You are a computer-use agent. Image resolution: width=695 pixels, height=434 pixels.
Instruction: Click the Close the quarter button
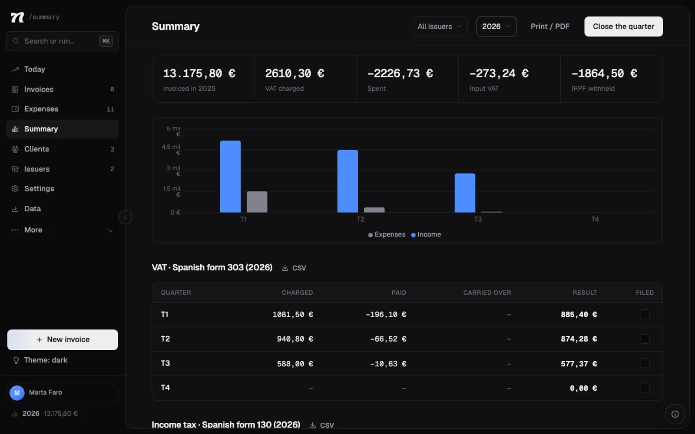624,26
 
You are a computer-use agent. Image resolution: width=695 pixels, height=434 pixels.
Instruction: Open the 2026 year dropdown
496,26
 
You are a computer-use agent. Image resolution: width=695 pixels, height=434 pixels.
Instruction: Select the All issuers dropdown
439,26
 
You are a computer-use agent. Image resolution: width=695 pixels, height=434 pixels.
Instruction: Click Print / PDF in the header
550,26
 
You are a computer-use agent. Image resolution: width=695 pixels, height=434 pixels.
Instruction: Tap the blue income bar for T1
230,176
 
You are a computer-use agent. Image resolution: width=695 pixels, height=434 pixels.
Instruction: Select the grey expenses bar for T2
374,210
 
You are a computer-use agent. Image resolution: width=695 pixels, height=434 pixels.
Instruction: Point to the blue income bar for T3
465,193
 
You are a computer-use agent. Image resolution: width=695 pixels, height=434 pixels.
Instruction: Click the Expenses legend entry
387,234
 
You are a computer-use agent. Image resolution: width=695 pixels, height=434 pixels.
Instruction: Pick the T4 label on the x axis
595,219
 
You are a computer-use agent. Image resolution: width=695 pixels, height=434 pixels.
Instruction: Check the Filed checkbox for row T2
645,339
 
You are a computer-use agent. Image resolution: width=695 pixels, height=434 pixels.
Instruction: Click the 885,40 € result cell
579,314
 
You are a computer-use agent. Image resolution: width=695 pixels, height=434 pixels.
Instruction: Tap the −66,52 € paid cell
388,339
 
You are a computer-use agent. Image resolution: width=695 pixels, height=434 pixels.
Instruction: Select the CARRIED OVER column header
487,293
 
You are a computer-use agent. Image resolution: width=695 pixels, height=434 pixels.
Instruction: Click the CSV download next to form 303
294,268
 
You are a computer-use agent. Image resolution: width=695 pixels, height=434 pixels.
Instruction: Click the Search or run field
63,41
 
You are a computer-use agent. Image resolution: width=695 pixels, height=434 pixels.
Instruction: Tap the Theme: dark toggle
40,360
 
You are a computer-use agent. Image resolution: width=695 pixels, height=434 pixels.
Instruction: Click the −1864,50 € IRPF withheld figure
604,73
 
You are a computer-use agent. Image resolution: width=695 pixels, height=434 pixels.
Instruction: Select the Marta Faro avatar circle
17,393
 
